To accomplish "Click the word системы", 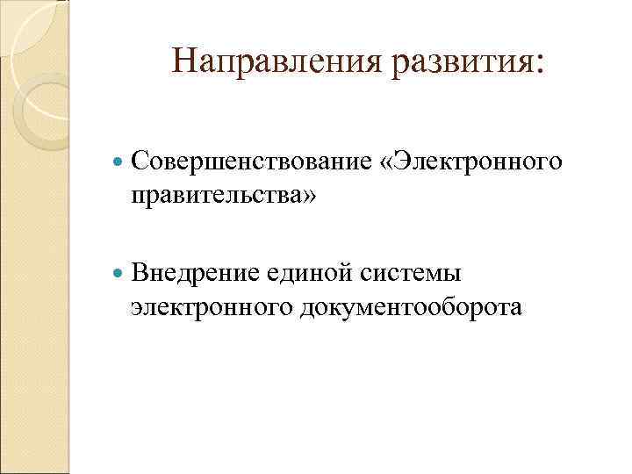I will [x=411, y=274].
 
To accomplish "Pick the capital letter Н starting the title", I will [x=185, y=61].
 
